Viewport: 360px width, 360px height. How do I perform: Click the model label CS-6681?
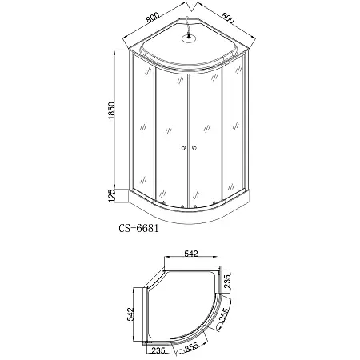tap(138, 228)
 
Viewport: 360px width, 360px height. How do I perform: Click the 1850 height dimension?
tap(112, 110)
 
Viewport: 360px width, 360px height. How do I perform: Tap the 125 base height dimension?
tap(112, 195)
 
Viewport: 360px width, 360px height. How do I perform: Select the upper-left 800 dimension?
tap(153, 18)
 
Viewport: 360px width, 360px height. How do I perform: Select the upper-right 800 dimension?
tap(228, 18)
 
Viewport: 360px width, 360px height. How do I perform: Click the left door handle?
tap(183, 147)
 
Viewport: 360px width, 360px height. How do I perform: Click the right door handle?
tap(194, 147)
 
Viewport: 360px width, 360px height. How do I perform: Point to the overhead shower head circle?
tap(189, 38)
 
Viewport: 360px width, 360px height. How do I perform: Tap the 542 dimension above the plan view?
tap(191, 254)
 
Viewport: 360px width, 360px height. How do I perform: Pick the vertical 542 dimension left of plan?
tap(130, 314)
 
